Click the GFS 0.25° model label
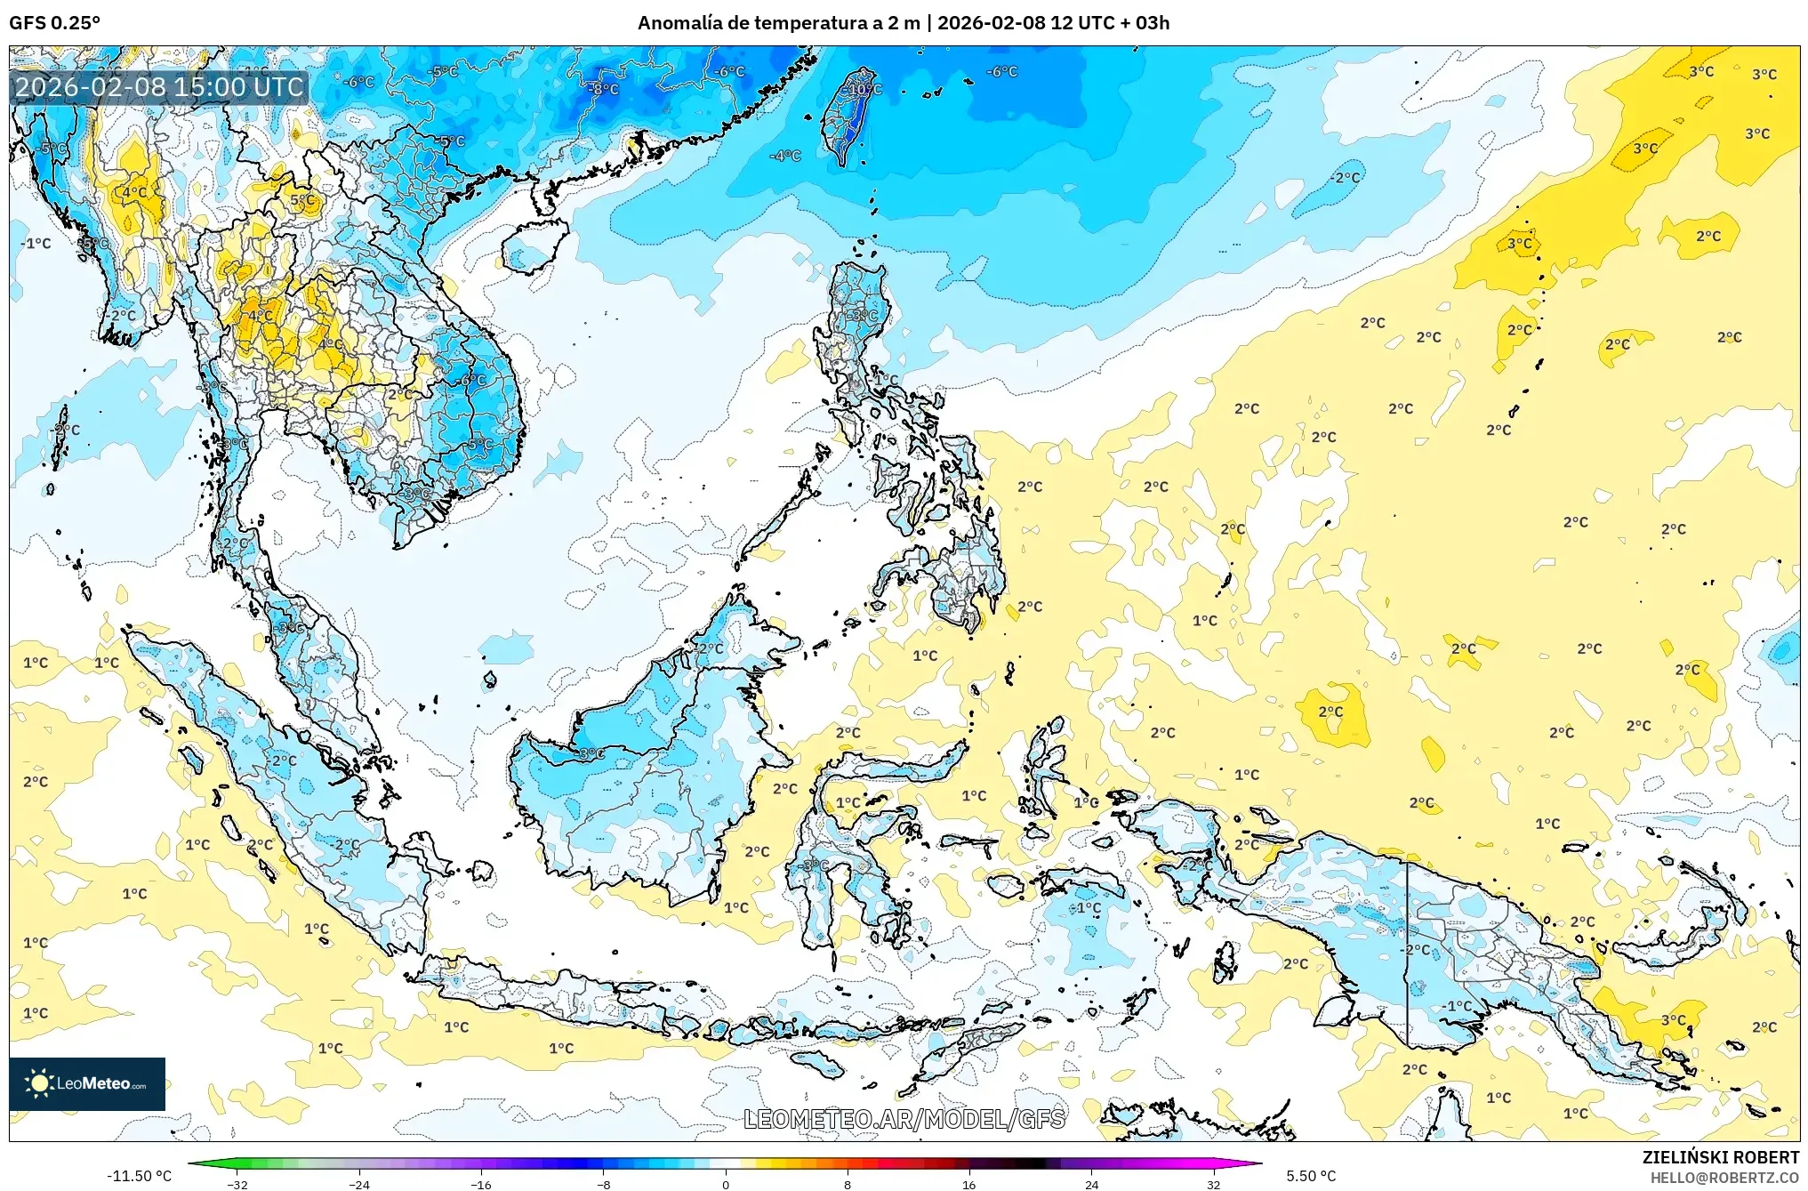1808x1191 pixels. [54, 23]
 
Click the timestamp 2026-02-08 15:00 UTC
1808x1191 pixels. [159, 87]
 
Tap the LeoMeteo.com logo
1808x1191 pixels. [87, 1083]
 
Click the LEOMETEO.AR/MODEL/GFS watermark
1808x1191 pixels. [904, 1119]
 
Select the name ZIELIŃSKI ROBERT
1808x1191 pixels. [1720, 1157]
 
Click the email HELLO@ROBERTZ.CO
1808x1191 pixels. [1724, 1178]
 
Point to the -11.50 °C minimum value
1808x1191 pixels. [139, 1176]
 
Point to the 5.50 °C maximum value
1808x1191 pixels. [1311, 1176]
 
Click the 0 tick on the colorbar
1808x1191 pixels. [726, 1184]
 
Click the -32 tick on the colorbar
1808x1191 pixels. [237, 1184]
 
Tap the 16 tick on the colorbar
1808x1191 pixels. [969, 1184]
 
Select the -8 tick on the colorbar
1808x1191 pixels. [604, 1184]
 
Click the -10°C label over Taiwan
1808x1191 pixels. [864, 90]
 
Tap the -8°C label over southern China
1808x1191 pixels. [604, 90]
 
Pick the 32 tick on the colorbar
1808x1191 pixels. [1213, 1184]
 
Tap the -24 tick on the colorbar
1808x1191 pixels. [359, 1184]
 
